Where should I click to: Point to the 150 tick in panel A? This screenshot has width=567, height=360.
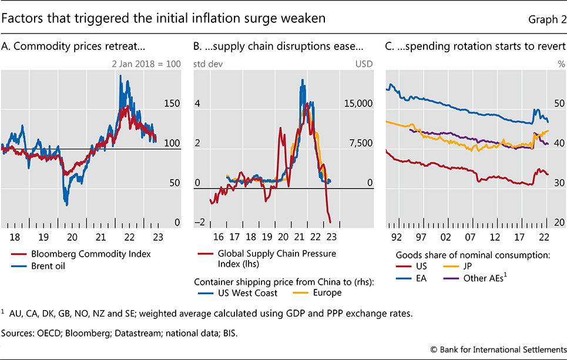pos(171,103)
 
